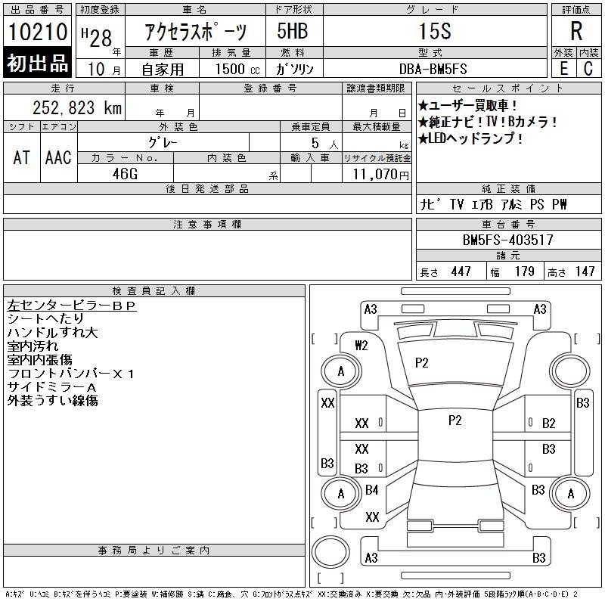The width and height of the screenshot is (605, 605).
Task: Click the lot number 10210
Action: (x=37, y=32)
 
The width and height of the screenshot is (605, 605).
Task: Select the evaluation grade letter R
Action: (x=576, y=31)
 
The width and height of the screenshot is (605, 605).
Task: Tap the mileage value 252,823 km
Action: (x=77, y=107)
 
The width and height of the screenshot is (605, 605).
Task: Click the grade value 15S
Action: (x=435, y=31)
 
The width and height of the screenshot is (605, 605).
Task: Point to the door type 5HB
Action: (x=293, y=31)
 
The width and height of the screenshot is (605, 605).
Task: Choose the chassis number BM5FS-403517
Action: (x=507, y=240)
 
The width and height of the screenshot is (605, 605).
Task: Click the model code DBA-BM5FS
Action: (x=433, y=69)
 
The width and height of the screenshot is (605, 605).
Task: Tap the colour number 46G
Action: (x=125, y=174)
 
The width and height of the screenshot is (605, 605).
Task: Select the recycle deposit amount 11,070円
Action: (x=380, y=175)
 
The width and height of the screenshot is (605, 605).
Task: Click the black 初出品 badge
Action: (x=37, y=62)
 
